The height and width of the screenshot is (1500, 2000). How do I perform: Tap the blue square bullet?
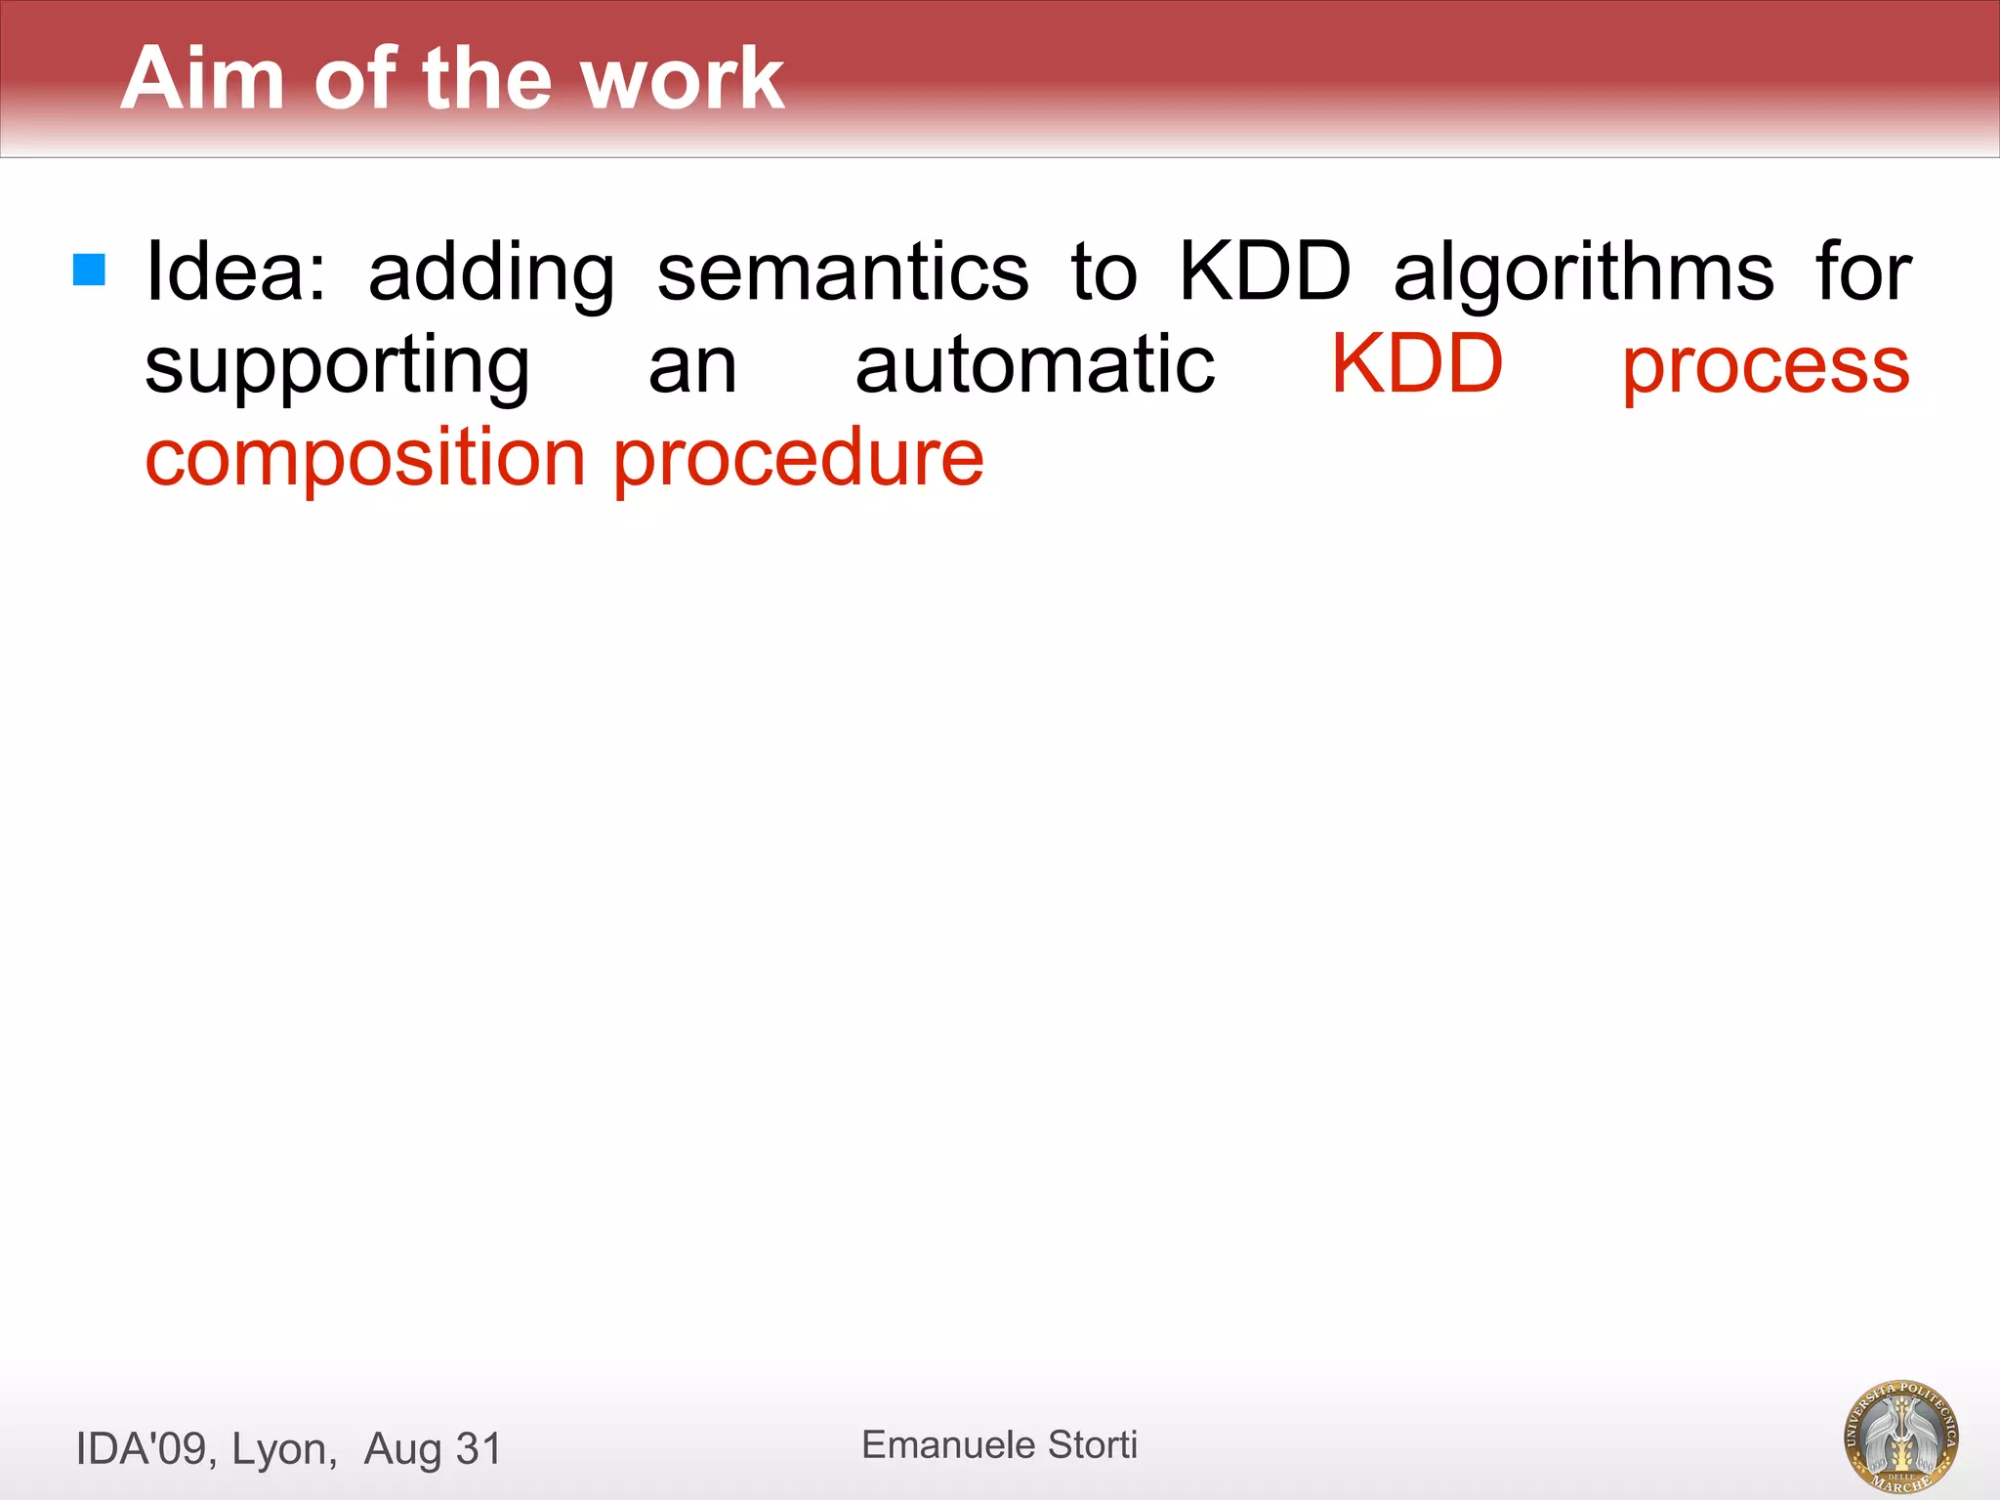pos(89,271)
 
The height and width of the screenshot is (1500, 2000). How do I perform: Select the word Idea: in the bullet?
pos(235,271)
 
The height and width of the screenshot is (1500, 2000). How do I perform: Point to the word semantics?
pos(843,272)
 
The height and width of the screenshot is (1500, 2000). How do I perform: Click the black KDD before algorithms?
pos(1266,271)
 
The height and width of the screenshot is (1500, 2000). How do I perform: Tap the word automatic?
pos(1035,364)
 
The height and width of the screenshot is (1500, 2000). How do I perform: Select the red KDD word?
pos(1417,363)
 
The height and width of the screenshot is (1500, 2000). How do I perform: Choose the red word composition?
pos(365,459)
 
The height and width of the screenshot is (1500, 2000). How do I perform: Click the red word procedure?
pos(798,459)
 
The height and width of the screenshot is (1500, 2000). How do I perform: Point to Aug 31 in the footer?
pos(433,1449)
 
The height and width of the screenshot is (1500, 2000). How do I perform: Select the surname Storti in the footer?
pos(1093,1444)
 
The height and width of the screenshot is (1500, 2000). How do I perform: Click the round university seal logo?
pos(1900,1436)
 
